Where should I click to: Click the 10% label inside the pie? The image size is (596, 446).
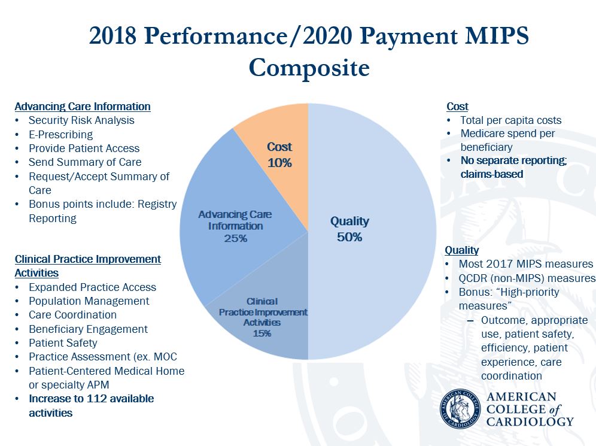point(279,162)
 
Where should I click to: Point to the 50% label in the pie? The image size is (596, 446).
point(349,237)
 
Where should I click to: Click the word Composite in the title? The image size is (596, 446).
point(309,67)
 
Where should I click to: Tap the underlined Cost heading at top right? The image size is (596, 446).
point(457,106)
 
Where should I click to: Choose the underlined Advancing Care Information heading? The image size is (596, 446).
point(83,106)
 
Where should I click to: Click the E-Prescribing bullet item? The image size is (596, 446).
point(60,134)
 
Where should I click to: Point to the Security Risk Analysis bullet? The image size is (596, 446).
point(81,120)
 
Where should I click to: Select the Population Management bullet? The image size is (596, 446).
point(89,301)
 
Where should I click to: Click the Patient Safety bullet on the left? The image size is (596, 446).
point(63,343)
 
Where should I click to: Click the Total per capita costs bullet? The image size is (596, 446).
point(510,120)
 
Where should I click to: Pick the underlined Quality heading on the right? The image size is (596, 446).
point(461,250)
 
